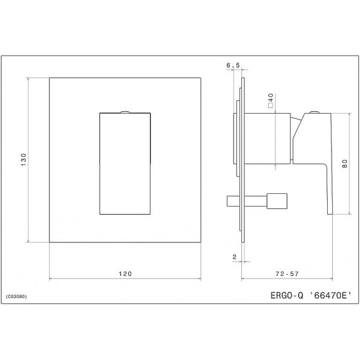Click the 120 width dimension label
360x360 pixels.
pyautogui.click(x=125, y=273)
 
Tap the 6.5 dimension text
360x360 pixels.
pyautogui.click(x=232, y=65)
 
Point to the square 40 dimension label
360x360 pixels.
pyautogui.click(x=270, y=101)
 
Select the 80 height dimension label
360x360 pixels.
pyautogui.click(x=345, y=163)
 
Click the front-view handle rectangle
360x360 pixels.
pyautogui.click(x=125, y=164)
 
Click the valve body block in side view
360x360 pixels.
pyautogui.click(x=268, y=135)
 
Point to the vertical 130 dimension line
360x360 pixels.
pyautogui.click(x=30, y=189)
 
